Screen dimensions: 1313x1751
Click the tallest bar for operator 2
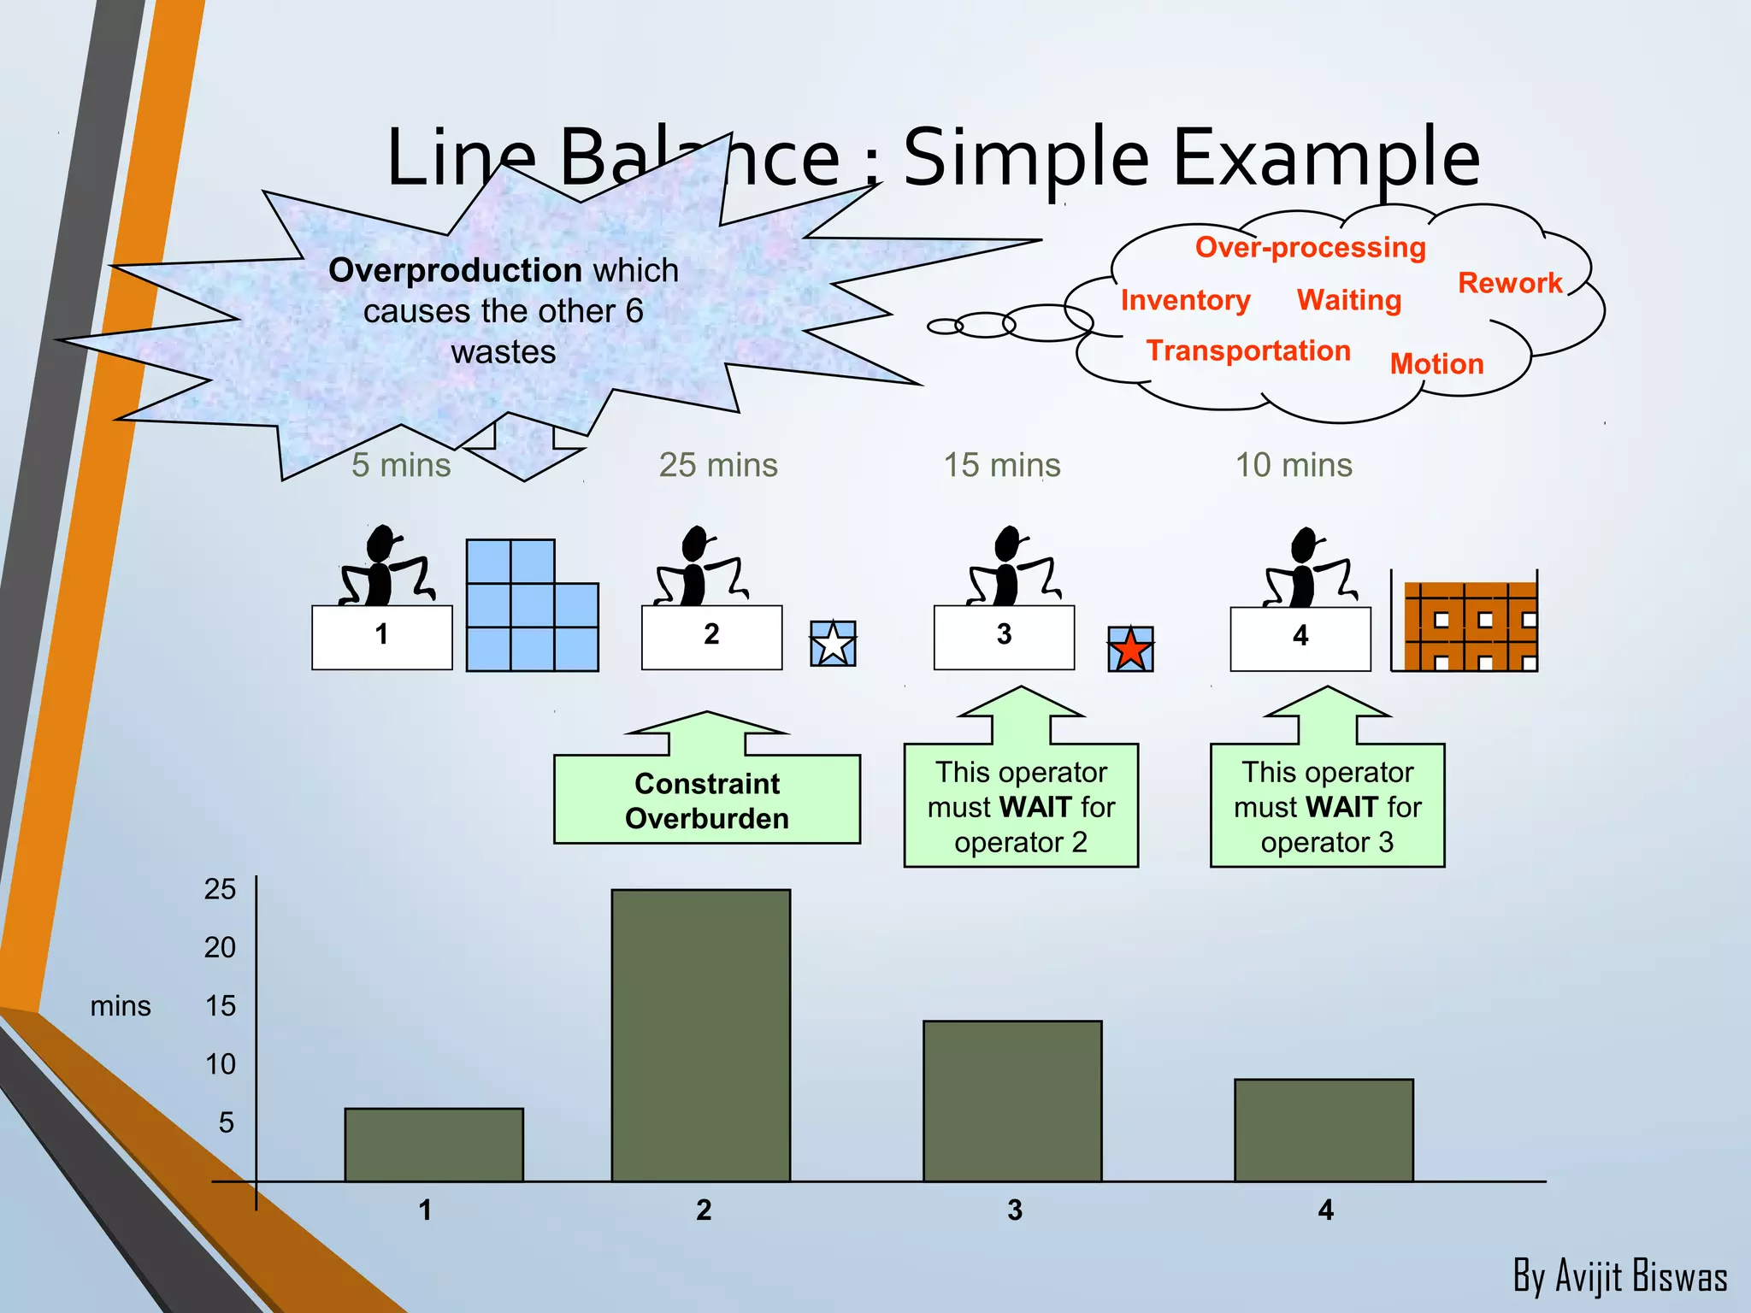click(x=700, y=1034)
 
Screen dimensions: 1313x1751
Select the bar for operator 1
click(x=433, y=1145)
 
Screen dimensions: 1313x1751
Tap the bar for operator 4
click(x=1324, y=1130)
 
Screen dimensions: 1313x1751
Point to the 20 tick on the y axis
click(x=220, y=947)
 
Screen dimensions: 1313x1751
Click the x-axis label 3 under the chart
click(x=1014, y=1210)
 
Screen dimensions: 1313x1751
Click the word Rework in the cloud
click(x=1510, y=283)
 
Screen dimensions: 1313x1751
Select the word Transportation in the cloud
click(x=1248, y=350)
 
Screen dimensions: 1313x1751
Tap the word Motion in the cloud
click(x=1436, y=364)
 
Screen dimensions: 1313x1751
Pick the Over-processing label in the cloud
click(x=1310, y=247)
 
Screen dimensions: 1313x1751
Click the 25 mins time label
click(x=718, y=465)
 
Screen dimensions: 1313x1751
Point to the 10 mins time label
click(x=1294, y=465)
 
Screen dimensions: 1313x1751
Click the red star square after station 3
click(x=1130, y=649)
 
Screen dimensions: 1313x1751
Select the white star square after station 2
click(x=833, y=644)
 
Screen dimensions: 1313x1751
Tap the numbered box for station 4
click(x=1300, y=638)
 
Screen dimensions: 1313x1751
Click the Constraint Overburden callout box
click(x=706, y=800)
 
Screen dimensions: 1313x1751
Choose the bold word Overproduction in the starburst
click(x=455, y=270)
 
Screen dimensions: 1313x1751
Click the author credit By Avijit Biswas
click(x=1619, y=1276)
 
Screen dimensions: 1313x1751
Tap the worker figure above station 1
click(x=385, y=566)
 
